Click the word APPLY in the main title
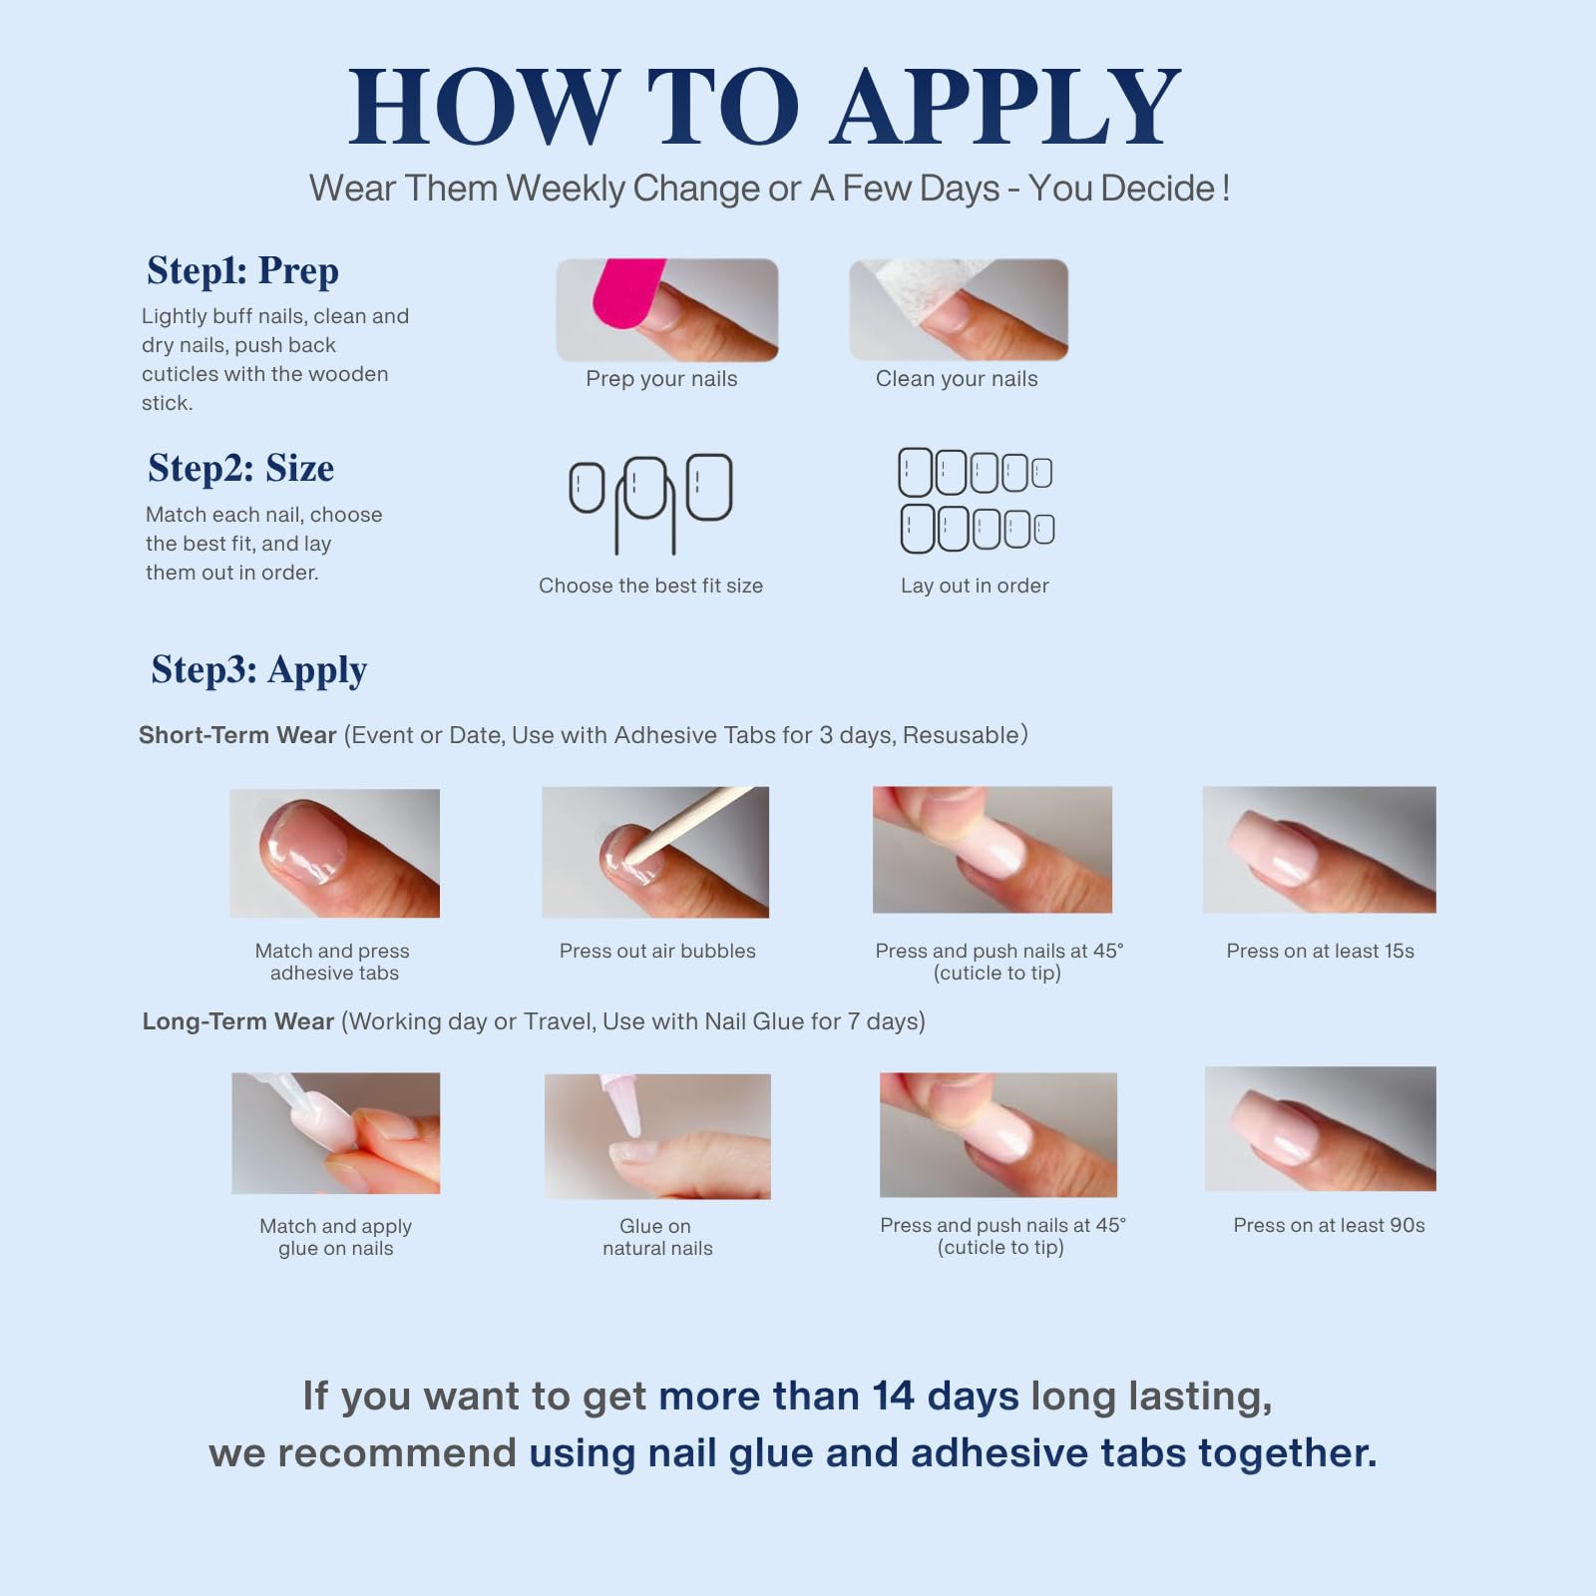coord(1007,107)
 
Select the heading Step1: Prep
coord(242,271)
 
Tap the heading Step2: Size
coord(240,468)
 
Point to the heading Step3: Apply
coord(259,670)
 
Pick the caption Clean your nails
coord(957,379)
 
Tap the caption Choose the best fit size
coord(650,586)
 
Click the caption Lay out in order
coord(975,586)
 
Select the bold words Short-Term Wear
coord(237,735)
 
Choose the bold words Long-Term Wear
coord(238,1021)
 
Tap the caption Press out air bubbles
coord(657,951)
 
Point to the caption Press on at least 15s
coord(1320,951)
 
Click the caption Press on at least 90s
coord(1329,1225)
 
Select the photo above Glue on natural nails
coord(657,1136)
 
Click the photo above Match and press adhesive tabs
coord(334,853)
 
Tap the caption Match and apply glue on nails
coord(336,1237)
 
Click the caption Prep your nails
coord(661,379)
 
